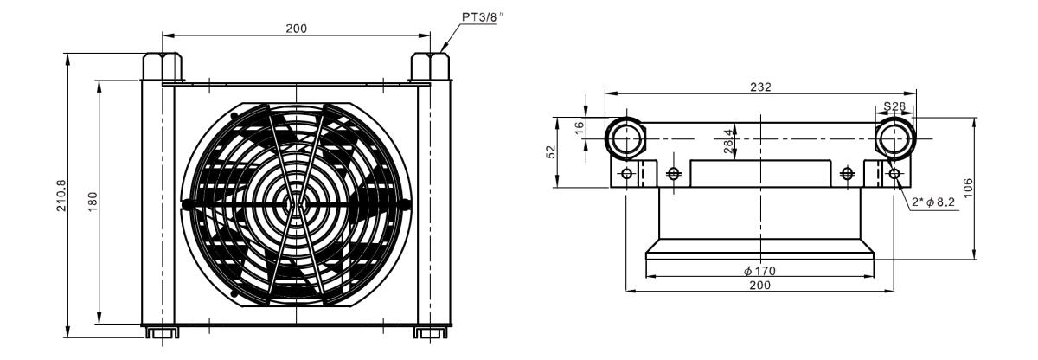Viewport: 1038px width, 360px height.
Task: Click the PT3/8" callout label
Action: pyautogui.click(x=483, y=17)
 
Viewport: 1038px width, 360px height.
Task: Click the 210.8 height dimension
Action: pyautogui.click(x=61, y=196)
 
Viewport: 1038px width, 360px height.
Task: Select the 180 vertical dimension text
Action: pyautogui.click(x=93, y=202)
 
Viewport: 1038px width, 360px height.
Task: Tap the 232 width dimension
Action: pyautogui.click(x=760, y=87)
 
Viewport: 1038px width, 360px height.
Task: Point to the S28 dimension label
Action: pyautogui.click(x=894, y=106)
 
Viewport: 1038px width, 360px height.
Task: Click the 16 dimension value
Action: pyautogui.click(x=579, y=128)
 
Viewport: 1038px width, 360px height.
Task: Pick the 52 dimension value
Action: pyautogui.click(x=550, y=152)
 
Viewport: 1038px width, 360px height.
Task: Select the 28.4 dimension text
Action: pyautogui.click(x=728, y=141)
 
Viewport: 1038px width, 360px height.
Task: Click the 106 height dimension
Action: pyautogui.click(x=968, y=188)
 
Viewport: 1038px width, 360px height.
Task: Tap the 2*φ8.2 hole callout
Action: pyautogui.click(x=933, y=202)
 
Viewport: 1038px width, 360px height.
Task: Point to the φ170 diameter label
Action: pyautogui.click(x=759, y=271)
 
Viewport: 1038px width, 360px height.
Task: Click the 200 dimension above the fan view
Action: pyautogui.click(x=296, y=29)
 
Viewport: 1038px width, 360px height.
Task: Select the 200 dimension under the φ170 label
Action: pyautogui.click(x=760, y=285)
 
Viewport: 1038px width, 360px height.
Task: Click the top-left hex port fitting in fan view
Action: pyautogui.click(x=162, y=67)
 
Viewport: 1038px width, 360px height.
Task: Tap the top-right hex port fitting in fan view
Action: pyautogui.click(x=430, y=67)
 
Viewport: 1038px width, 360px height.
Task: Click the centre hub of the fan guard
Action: pyautogui.click(x=295, y=204)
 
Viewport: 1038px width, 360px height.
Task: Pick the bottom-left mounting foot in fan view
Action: pyautogui.click(x=163, y=332)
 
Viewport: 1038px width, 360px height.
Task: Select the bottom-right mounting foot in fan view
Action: pyautogui.click(x=431, y=332)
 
